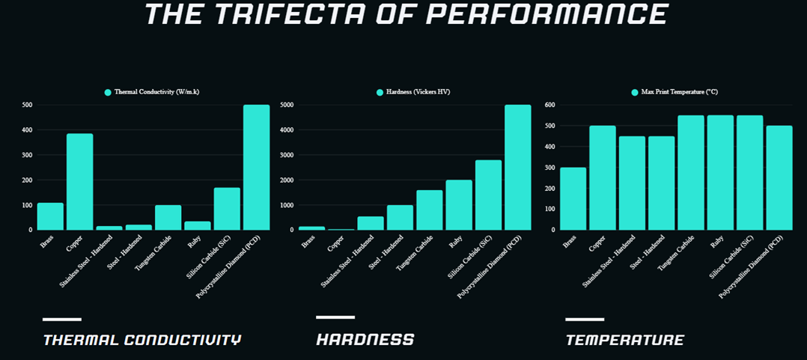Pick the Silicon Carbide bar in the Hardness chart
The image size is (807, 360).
pyautogui.click(x=488, y=195)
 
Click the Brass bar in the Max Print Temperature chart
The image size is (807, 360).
pyautogui.click(x=573, y=198)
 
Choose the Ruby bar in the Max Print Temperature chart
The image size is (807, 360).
pyautogui.click(x=720, y=173)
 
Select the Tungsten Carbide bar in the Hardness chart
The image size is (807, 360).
pyautogui.click(x=430, y=210)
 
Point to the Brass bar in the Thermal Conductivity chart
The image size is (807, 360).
pyautogui.click(x=50, y=216)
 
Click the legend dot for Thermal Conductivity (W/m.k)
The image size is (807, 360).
pyautogui.click(x=108, y=92)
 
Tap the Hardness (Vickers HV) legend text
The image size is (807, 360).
pyautogui.click(x=418, y=92)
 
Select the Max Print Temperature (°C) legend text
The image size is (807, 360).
pyautogui.click(x=679, y=92)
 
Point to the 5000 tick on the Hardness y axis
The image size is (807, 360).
pyautogui.click(x=285, y=106)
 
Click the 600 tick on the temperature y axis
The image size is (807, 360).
pyautogui.click(x=548, y=106)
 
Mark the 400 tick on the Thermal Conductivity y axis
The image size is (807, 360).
pyautogui.click(x=26, y=130)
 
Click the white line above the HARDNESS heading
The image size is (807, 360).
pyautogui.click(x=335, y=317)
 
